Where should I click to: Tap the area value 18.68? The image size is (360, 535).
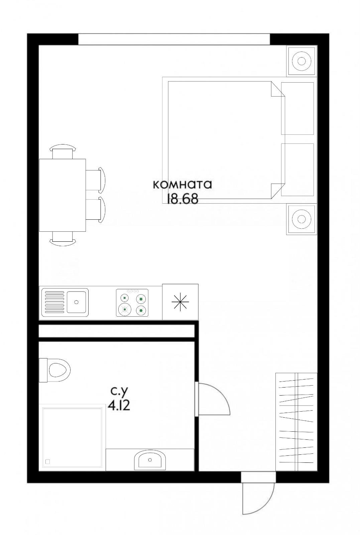tap(183, 199)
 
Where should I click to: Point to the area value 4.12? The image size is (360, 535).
tap(119, 405)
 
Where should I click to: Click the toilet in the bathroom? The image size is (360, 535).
tap(57, 370)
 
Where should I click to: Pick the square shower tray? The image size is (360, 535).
tap(72, 436)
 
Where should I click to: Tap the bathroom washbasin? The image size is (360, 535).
tap(149, 460)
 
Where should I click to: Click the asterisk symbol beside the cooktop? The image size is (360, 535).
tap(180, 302)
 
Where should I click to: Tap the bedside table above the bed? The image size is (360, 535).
tap(302, 61)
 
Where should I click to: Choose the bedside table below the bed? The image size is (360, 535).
tap(302, 219)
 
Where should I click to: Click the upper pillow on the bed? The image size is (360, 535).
tap(297, 108)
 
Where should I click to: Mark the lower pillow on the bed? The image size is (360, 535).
tap(297, 170)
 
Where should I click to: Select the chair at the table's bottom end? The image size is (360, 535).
tap(63, 238)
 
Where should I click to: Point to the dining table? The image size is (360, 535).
tap(63, 195)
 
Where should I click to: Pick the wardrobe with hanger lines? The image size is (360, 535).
tap(296, 422)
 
